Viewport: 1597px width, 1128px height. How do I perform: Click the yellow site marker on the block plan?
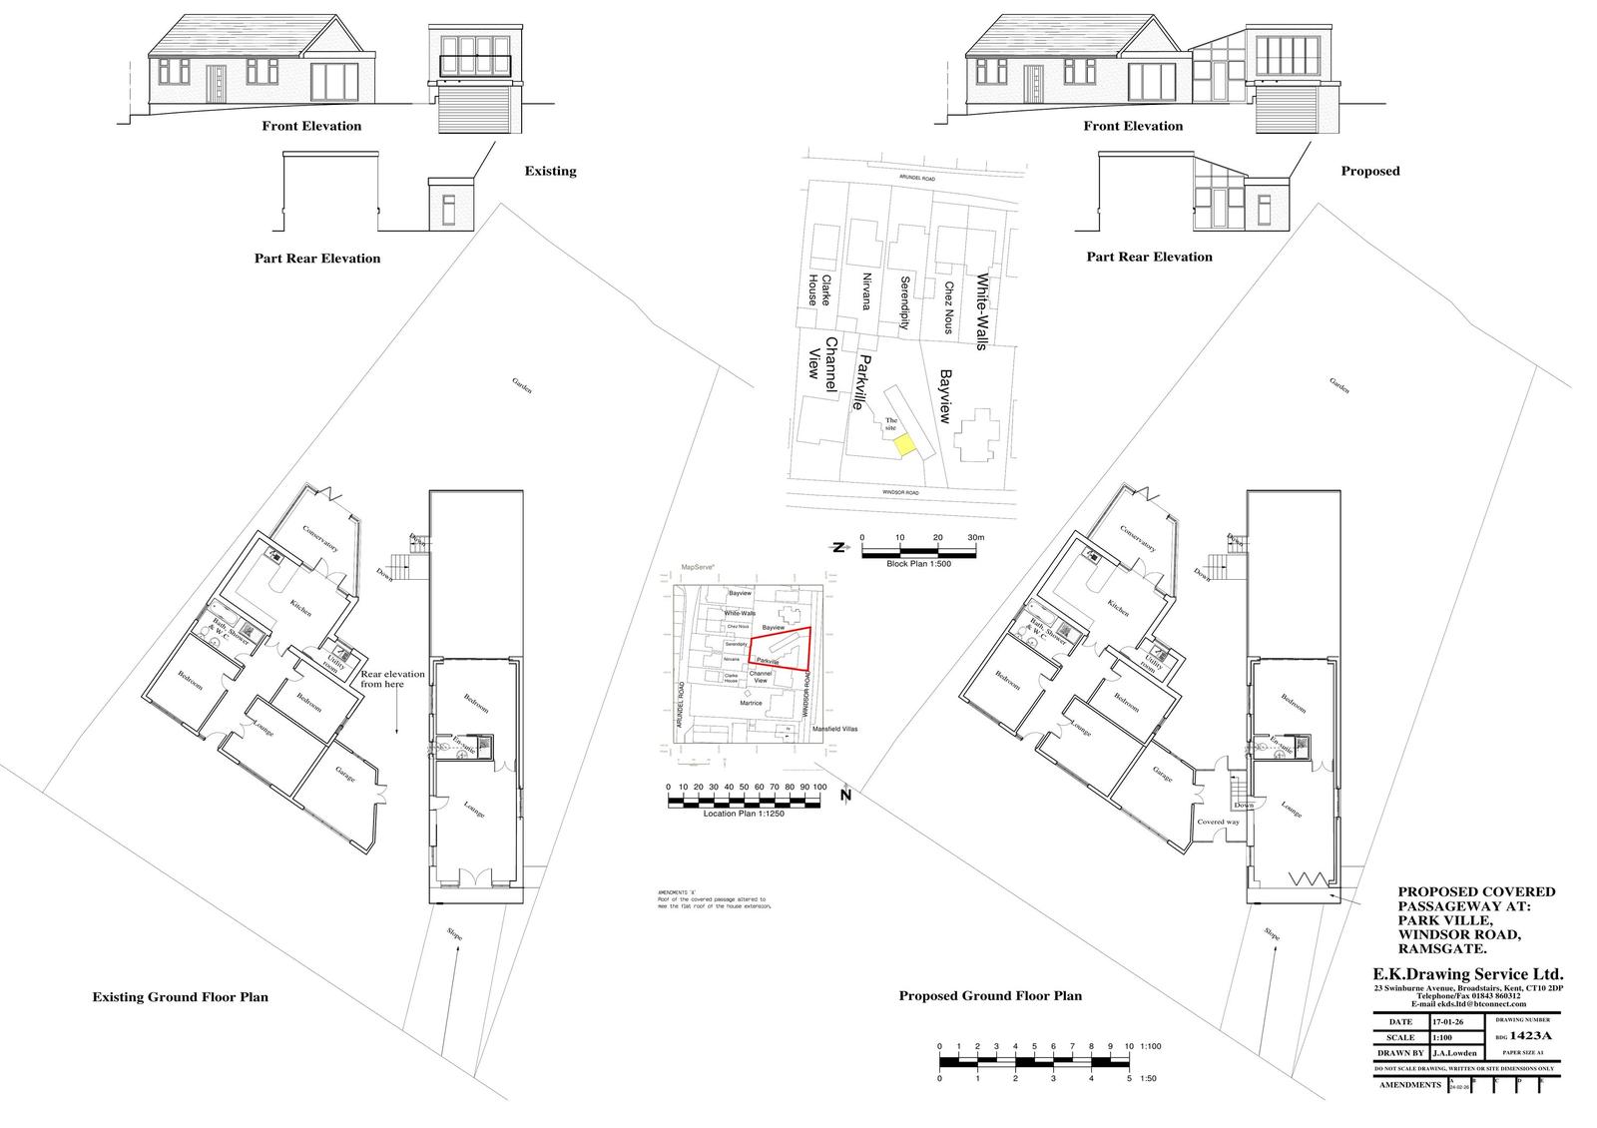(902, 446)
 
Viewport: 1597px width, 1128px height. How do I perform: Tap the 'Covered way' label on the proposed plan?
(1218, 823)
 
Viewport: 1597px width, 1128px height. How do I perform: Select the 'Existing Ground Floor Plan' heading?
(180, 996)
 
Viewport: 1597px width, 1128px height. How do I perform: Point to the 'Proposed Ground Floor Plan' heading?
(990, 995)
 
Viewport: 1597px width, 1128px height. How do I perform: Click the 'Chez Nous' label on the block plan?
(947, 305)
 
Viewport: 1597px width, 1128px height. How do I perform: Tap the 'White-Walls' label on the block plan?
(982, 310)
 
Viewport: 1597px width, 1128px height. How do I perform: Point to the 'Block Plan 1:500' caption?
(917, 564)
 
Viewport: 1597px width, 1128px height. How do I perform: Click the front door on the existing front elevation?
(219, 84)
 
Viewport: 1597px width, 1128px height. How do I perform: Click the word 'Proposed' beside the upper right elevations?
(1370, 171)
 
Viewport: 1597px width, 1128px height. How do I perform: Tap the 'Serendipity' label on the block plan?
(905, 302)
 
